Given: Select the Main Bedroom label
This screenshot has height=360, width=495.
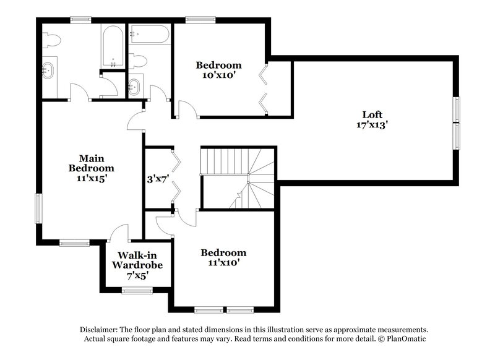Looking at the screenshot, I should (x=92, y=163).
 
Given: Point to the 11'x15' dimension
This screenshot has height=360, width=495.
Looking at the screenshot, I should (x=92, y=178).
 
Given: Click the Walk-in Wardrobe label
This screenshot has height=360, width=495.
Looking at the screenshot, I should (x=137, y=260).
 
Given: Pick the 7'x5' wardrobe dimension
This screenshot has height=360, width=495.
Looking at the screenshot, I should (x=137, y=275).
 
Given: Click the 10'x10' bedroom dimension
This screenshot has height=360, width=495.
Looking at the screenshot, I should (x=218, y=75).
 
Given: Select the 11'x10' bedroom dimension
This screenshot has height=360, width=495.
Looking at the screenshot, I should (x=223, y=262).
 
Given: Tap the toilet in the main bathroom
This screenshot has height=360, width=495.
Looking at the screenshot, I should (x=52, y=41).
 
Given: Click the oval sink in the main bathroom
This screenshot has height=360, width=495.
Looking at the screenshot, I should (x=49, y=70).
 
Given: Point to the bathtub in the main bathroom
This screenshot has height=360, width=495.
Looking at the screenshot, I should (x=113, y=47).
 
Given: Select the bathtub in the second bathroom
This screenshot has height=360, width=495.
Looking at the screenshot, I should (x=149, y=34).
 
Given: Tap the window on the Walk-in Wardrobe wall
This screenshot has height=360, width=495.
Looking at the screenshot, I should (x=137, y=290).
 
